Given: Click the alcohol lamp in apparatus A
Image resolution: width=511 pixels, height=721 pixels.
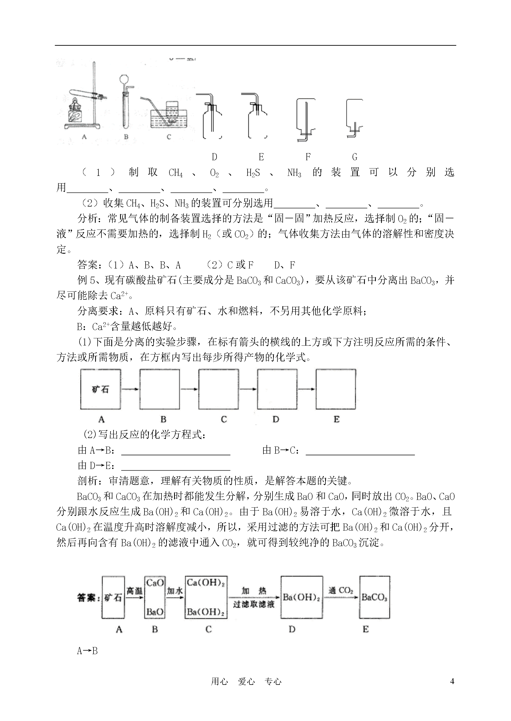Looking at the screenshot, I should [75, 111].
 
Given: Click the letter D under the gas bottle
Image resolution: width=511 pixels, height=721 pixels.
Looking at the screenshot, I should [214, 157].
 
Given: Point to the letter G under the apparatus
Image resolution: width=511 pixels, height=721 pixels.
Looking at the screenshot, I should [355, 157].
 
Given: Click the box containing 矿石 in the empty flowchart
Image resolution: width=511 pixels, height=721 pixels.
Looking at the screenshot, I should [100, 389].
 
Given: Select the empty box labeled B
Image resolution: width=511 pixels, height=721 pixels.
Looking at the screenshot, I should [160, 389].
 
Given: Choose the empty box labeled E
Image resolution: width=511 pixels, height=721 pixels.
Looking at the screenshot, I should [336, 389].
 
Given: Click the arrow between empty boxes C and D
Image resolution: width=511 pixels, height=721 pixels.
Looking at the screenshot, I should [248, 389].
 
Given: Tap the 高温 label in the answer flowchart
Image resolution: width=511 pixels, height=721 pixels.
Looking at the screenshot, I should [134, 591].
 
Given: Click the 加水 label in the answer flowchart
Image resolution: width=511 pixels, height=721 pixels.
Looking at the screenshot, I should [175, 591].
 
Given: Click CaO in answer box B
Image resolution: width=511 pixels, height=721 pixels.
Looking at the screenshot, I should [155, 583].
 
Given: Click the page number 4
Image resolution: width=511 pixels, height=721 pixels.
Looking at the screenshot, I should [452, 681].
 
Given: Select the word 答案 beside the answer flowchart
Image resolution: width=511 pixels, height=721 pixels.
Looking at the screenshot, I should [86, 597].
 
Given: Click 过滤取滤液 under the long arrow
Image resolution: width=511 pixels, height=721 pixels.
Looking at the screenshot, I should [254, 604].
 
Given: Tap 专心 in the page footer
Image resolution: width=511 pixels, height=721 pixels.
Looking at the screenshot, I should [273, 681].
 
